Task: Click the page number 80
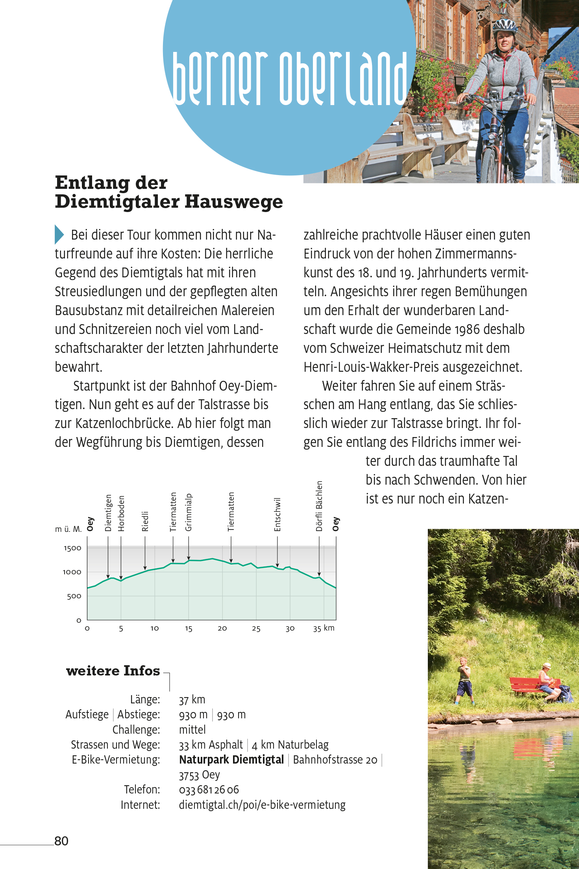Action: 61,841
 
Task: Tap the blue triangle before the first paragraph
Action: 59,235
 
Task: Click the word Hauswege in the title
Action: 234,202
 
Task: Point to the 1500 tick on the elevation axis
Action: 72,548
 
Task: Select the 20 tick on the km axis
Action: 222,629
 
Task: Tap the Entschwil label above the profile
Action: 277,515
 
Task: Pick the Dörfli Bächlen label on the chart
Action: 319,506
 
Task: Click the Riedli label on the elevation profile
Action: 145,521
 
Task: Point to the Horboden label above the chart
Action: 121,513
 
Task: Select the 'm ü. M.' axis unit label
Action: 68,529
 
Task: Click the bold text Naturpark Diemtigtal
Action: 231,760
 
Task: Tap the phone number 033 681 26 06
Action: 209,790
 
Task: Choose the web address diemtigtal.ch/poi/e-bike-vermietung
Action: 262,805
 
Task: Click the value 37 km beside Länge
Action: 192,700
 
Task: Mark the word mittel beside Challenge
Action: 192,730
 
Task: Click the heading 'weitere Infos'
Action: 113,671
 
